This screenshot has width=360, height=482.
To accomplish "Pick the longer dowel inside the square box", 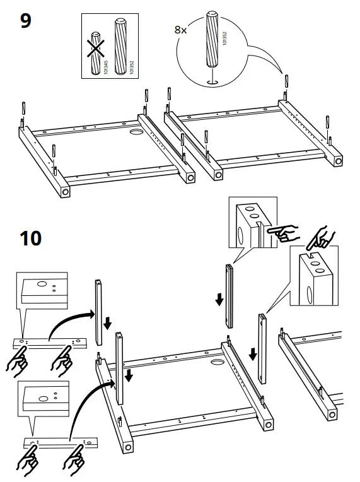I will tap(119, 46).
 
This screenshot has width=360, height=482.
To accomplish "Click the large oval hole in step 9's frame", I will tap(137, 132).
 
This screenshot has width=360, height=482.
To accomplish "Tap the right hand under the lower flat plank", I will tap(73, 459).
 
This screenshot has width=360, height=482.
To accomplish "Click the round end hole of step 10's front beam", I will tap(128, 447).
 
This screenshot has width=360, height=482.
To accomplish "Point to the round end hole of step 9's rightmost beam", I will tap(339, 162).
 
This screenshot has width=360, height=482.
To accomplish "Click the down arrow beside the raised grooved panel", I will tap(219, 299).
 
